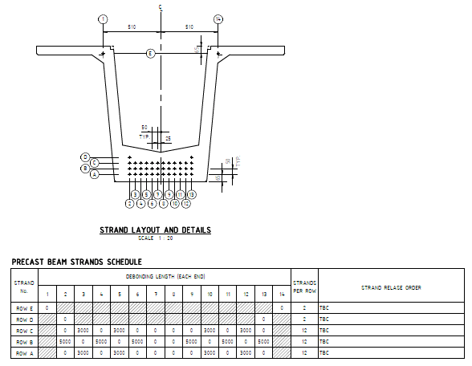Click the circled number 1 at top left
point(102,19)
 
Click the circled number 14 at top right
point(218,19)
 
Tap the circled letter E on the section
point(150,54)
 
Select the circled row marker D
point(85,157)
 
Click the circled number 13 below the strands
point(192,194)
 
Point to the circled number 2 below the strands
point(129,203)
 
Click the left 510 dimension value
point(132,27)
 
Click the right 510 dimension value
point(189,27)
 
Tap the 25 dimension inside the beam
point(168,138)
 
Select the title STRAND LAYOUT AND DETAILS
point(155,230)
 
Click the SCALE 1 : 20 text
point(155,238)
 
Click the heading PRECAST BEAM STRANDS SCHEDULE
point(76,262)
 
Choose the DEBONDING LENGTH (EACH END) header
point(165,276)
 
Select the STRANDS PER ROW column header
point(304,287)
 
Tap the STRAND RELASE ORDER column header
point(391,287)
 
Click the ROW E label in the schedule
point(25,307)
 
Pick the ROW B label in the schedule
point(25,341)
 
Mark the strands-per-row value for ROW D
point(304,319)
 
